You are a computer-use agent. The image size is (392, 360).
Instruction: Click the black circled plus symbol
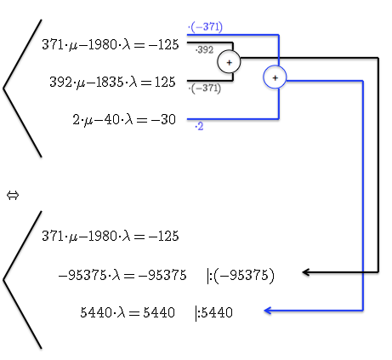point(229,62)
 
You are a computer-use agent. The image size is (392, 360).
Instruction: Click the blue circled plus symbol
point(275,77)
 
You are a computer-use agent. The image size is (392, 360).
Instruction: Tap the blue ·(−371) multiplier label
point(205,27)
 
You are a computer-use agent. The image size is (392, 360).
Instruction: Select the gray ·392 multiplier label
point(204,50)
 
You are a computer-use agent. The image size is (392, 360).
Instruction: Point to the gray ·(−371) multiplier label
point(204,89)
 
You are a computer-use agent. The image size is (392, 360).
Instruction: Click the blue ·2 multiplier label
point(199,126)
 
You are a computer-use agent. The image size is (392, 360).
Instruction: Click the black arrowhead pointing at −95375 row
point(305,272)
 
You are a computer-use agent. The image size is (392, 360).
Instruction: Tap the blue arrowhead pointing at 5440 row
point(268,311)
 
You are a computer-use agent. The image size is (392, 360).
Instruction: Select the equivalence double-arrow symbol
point(13,195)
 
